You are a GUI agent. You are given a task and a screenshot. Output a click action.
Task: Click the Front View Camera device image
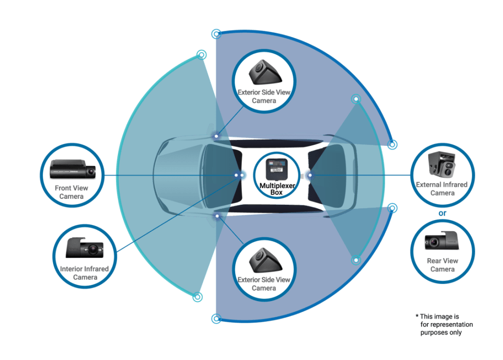(x=73, y=168)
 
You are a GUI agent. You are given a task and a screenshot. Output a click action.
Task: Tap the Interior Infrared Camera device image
(x=84, y=248)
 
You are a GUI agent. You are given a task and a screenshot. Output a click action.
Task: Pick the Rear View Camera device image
(x=442, y=241)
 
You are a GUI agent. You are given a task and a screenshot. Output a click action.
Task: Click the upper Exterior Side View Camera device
(x=265, y=73)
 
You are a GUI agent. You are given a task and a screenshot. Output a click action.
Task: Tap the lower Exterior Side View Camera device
(x=265, y=260)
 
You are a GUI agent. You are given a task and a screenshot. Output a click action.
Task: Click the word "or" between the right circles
(x=442, y=213)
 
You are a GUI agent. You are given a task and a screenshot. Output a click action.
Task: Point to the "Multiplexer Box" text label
(x=277, y=189)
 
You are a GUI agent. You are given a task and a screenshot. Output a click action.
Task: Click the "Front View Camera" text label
(x=71, y=192)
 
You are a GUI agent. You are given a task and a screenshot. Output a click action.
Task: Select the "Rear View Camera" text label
(x=443, y=265)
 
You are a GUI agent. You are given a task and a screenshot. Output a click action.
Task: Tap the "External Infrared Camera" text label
(x=442, y=189)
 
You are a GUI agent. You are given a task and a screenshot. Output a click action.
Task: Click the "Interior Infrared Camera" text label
(x=84, y=273)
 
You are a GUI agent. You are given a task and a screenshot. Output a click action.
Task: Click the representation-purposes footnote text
(x=444, y=324)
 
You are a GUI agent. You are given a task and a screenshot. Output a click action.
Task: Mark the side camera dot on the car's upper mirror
(x=217, y=136)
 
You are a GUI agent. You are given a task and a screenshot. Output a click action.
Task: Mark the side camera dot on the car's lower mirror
(x=217, y=216)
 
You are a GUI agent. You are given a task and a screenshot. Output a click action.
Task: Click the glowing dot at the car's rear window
(x=310, y=175)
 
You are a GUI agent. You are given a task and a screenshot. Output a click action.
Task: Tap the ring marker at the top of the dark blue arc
(x=217, y=34)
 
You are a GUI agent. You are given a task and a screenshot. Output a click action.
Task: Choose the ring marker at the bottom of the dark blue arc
(x=217, y=319)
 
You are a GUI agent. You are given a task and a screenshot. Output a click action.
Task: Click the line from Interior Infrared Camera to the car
(x=176, y=214)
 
